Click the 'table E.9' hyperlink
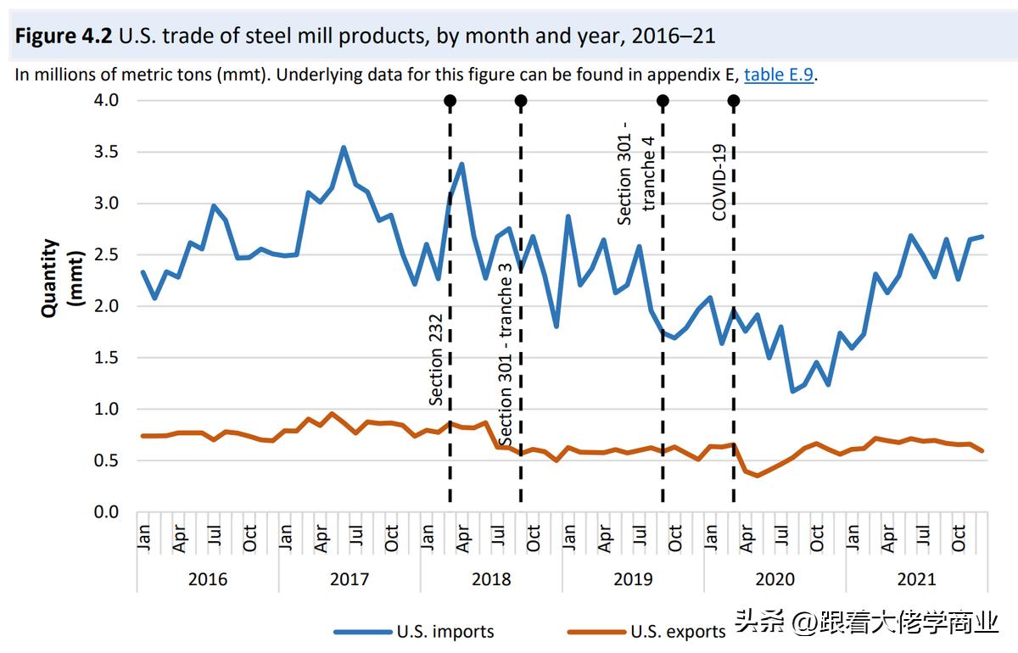click(x=779, y=75)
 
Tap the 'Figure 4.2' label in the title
click(x=64, y=36)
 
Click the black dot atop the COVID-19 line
click(x=734, y=101)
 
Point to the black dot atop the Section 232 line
click(x=450, y=101)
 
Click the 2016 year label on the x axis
click(x=208, y=579)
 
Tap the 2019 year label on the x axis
click(x=633, y=579)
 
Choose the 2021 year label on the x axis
click(x=916, y=579)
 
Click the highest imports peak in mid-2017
click(x=344, y=148)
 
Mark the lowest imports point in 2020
click(x=793, y=391)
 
